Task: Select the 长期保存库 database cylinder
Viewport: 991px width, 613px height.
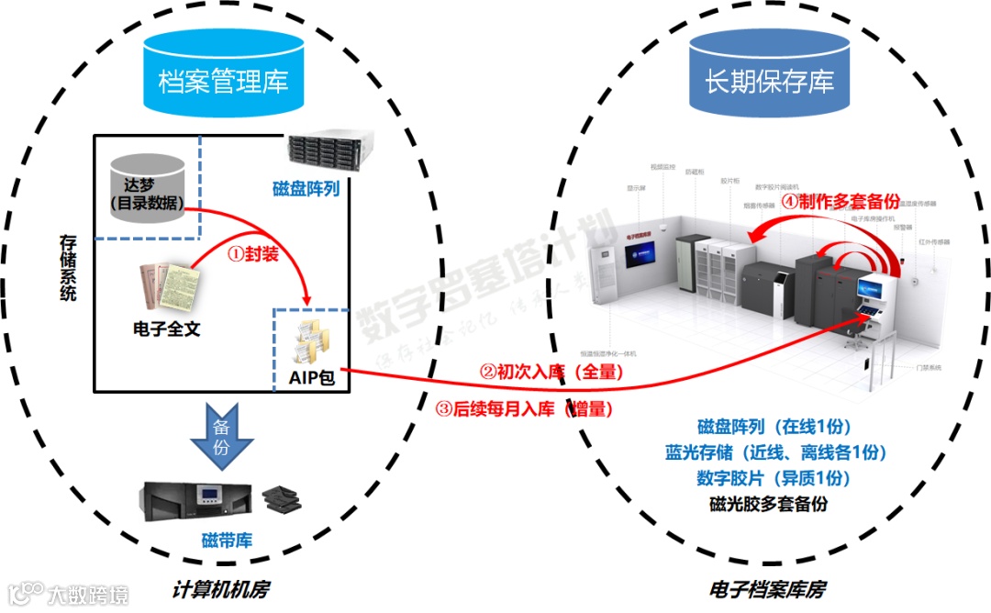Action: pyautogui.click(x=769, y=78)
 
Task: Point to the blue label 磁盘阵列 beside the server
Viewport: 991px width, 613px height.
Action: pyautogui.click(x=306, y=189)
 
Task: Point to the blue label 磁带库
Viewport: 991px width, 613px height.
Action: pyautogui.click(x=227, y=540)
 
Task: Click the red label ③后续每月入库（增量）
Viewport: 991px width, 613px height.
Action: pyautogui.click(x=524, y=409)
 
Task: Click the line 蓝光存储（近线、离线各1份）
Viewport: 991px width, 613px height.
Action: pyautogui.click(x=776, y=451)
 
